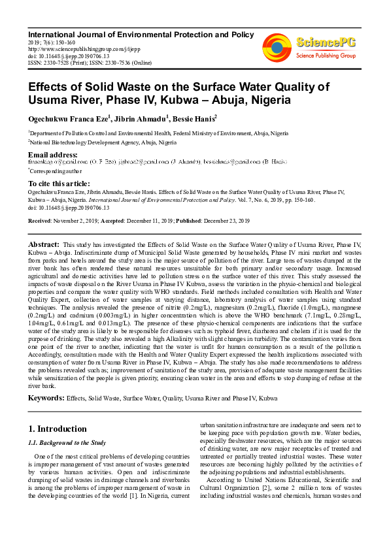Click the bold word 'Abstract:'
coord(44,244)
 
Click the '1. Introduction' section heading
coord(58,429)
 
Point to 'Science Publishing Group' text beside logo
coord(326,56)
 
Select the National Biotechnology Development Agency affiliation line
coord(103,142)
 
